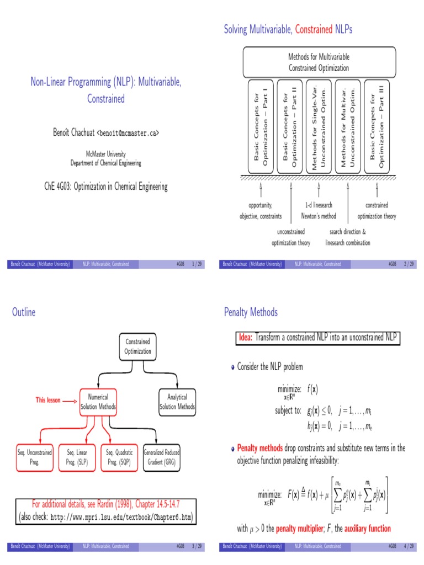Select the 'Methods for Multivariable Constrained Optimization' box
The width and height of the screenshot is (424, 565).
coord(319,62)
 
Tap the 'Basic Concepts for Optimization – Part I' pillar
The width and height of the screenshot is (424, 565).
coord(260,126)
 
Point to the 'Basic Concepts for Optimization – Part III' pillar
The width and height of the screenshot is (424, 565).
coord(377,126)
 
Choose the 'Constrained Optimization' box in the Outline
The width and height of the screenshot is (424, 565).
coord(137,347)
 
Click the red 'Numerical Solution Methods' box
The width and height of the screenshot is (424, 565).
coord(98,402)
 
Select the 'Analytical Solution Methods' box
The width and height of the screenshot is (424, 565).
coord(177,402)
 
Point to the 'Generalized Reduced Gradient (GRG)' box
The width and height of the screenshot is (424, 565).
coord(162,457)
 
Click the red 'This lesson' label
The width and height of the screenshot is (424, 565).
coord(49,401)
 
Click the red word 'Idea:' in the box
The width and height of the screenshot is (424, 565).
coord(245,337)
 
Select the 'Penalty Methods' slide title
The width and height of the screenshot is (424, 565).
coord(251,313)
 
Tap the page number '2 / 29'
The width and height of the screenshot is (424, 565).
coord(409,264)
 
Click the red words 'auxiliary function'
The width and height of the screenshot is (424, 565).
coord(367,529)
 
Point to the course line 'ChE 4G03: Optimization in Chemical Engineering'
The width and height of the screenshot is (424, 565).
coord(105,186)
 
